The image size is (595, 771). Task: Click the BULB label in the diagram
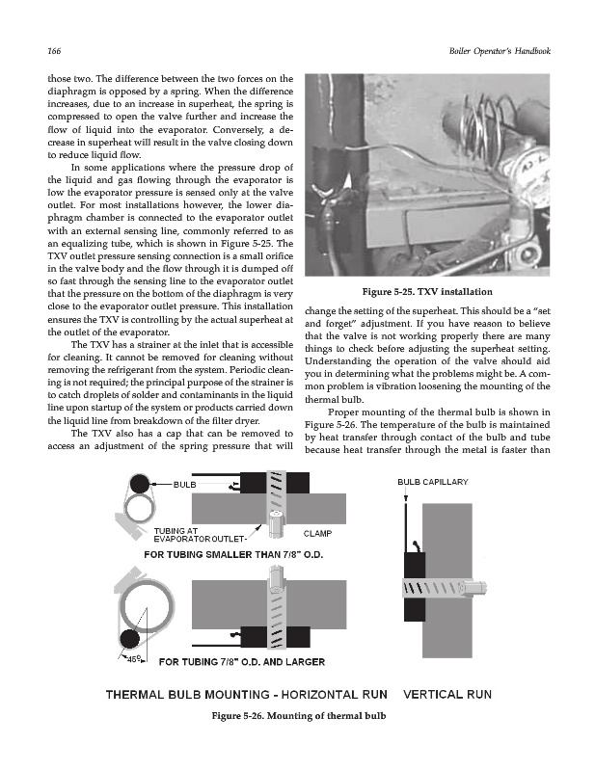tap(184, 484)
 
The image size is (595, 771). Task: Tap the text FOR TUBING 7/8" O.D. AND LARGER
tap(241, 662)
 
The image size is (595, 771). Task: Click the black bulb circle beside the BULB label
tap(141, 485)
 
